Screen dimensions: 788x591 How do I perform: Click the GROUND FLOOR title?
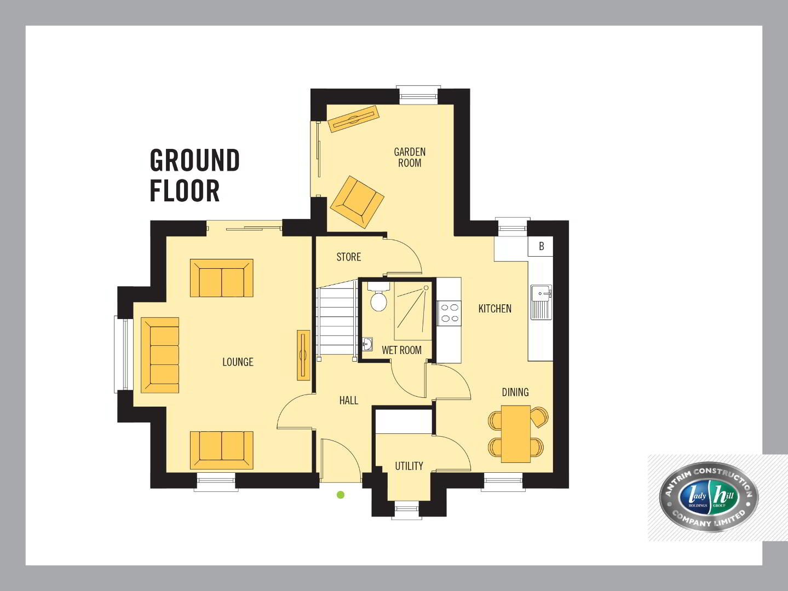(195, 175)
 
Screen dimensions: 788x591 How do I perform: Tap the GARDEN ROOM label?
(410, 157)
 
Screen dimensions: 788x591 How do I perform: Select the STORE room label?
(349, 257)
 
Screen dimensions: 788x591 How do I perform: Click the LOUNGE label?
(238, 362)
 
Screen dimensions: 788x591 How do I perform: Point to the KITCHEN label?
(494, 309)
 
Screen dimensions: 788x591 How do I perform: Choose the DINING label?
(515, 392)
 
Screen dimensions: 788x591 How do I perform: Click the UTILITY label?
(409, 466)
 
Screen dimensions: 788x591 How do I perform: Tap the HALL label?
(349, 400)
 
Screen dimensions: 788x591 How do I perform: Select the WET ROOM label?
(402, 350)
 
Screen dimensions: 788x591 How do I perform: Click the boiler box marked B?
(540, 246)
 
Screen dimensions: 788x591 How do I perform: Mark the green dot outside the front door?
(341, 495)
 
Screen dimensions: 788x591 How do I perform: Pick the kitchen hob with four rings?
(448, 312)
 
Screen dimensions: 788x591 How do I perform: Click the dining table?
(516, 433)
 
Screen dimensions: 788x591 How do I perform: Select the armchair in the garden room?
(357, 202)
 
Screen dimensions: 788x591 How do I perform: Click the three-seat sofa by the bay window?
(160, 355)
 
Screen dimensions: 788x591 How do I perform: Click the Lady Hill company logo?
(709, 497)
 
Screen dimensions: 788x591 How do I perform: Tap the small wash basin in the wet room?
(367, 344)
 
